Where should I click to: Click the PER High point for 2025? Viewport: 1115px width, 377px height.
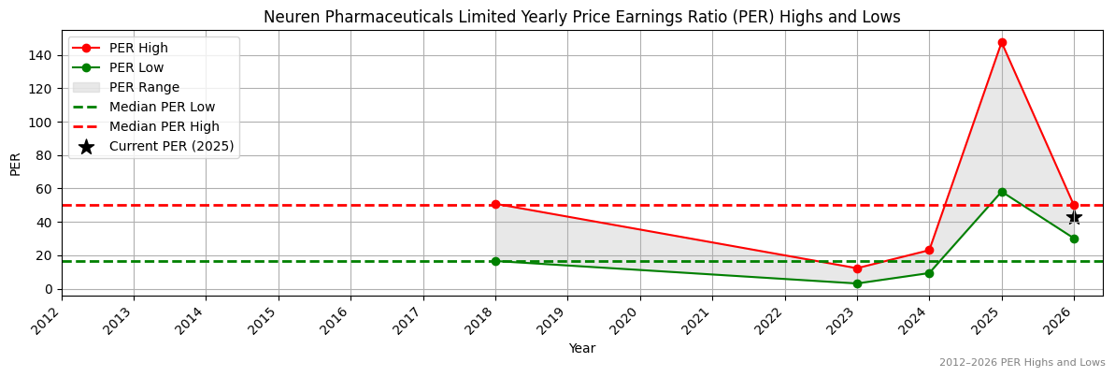[1002, 42]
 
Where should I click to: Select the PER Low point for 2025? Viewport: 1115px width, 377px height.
[1002, 192]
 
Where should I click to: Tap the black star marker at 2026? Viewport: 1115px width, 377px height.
[1074, 217]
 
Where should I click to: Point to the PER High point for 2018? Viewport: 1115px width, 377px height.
[495, 204]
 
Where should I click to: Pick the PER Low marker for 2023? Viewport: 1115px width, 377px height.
[857, 283]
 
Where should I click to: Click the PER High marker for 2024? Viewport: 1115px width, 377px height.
[929, 250]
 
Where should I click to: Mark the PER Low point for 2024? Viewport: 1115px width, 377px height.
[929, 273]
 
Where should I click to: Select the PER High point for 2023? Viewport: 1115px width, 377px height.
[857, 268]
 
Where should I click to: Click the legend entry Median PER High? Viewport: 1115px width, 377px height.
[164, 126]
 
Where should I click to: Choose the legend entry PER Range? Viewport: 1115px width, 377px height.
[144, 87]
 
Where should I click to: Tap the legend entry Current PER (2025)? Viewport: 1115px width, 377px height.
[171, 146]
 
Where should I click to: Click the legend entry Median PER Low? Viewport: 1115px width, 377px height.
[162, 107]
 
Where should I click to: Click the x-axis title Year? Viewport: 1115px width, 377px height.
[581, 348]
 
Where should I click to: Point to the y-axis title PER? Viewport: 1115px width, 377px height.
[15, 163]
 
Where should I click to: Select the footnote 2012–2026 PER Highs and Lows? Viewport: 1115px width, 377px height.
[1022, 363]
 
